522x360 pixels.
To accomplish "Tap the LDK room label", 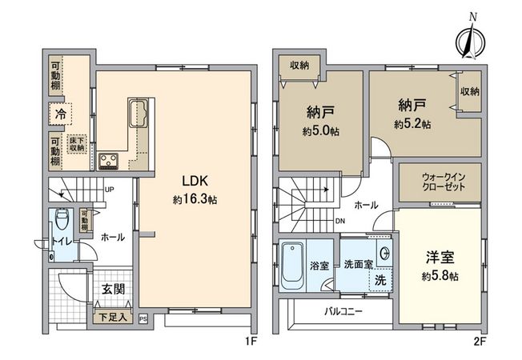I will (x=196, y=181).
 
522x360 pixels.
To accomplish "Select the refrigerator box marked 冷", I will (x=60, y=114).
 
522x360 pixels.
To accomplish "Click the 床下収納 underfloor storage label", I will (x=77, y=144).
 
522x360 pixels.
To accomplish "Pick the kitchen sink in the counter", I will (x=137, y=108).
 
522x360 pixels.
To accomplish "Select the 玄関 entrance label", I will (x=112, y=289).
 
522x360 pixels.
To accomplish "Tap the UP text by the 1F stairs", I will (x=109, y=190).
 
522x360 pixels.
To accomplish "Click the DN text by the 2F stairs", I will (x=340, y=221).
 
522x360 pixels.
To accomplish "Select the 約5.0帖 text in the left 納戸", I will (x=320, y=131).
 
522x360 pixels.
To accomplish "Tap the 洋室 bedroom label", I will (x=441, y=258).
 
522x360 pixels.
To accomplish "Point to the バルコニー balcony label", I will (x=343, y=310).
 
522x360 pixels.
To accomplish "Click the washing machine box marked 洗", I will (x=381, y=281).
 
